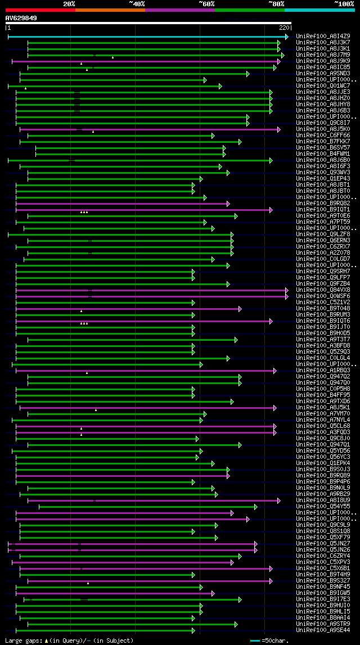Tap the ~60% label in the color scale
206,4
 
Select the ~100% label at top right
344,4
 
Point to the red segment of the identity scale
40,10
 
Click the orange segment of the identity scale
110,10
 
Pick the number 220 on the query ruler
283,27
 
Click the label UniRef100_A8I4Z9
323,37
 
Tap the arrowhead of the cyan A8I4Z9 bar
286,37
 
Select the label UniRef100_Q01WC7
323,86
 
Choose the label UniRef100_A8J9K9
323,61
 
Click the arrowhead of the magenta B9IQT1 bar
271,210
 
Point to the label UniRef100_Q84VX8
323,290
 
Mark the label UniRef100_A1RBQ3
323,371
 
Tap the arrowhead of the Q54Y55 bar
255,507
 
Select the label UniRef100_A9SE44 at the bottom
323,630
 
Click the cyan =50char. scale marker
255,641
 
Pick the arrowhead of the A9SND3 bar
247,74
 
